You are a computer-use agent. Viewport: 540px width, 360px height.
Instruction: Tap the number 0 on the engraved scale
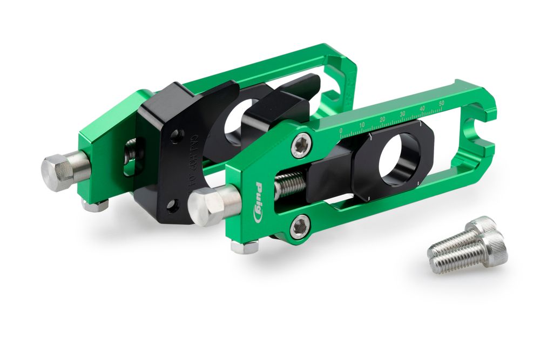coord(340,131)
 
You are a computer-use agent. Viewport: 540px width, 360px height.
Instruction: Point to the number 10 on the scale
coord(362,125)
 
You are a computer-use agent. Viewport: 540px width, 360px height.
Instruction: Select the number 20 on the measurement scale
coord(382,119)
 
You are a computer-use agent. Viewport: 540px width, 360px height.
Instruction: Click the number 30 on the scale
coord(402,114)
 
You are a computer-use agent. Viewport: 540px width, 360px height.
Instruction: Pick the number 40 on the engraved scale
coord(422,108)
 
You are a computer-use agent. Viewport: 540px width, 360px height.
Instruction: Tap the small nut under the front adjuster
coord(244,247)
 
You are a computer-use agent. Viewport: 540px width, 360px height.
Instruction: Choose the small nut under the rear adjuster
coord(96,206)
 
